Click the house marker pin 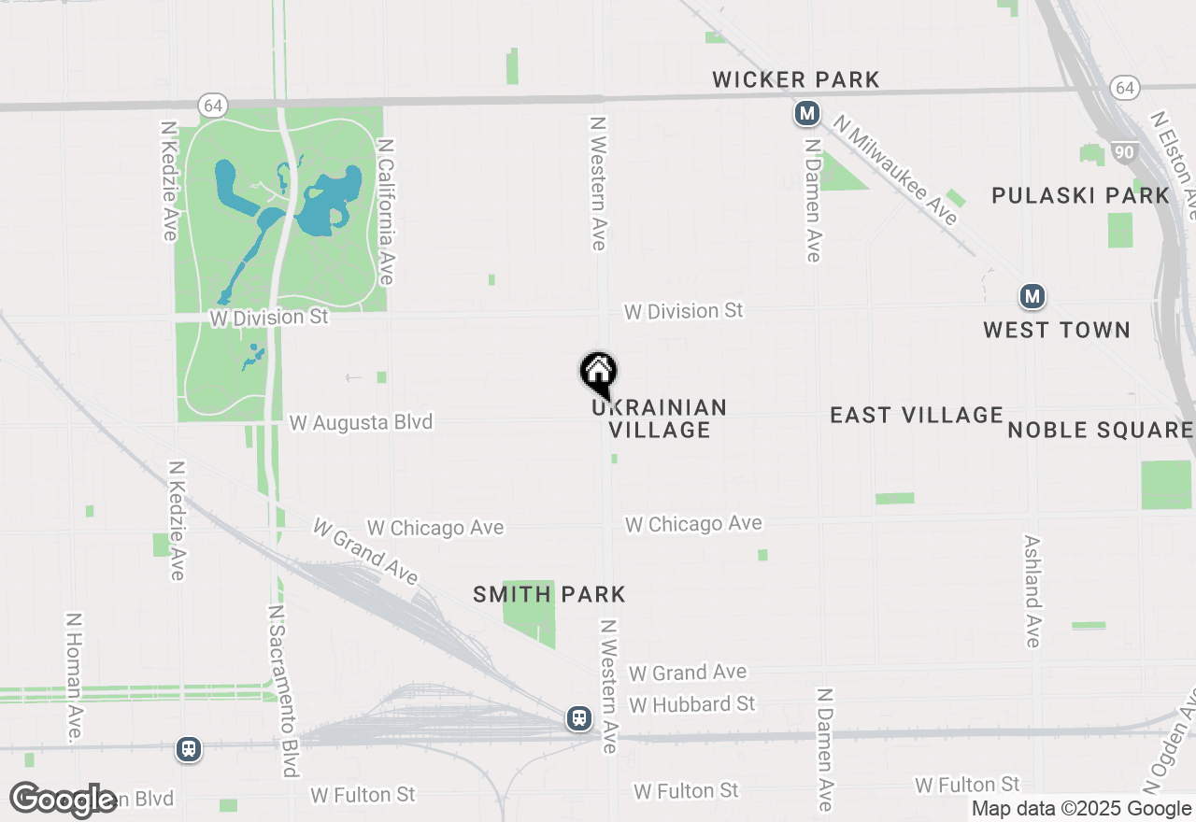pos(599,373)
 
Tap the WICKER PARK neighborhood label pos(796,80)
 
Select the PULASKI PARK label pos(1080,196)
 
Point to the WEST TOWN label pos(1057,331)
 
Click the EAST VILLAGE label pos(917,415)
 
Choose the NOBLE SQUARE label pos(1101,430)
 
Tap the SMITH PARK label pos(549,595)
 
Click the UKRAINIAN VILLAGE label pos(660,418)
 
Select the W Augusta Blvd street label pos(361,422)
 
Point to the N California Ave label pos(386,212)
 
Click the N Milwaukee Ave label pos(896,170)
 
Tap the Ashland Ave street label pos(1032,591)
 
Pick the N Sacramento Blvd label pos(283,690)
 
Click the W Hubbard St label pos(692,703)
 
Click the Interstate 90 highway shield pos(1124,150)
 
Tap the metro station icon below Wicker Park pos(807,114)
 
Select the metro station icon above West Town pos(1032,297)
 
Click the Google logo pos(64,800)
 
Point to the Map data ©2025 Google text pos(1082,809)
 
